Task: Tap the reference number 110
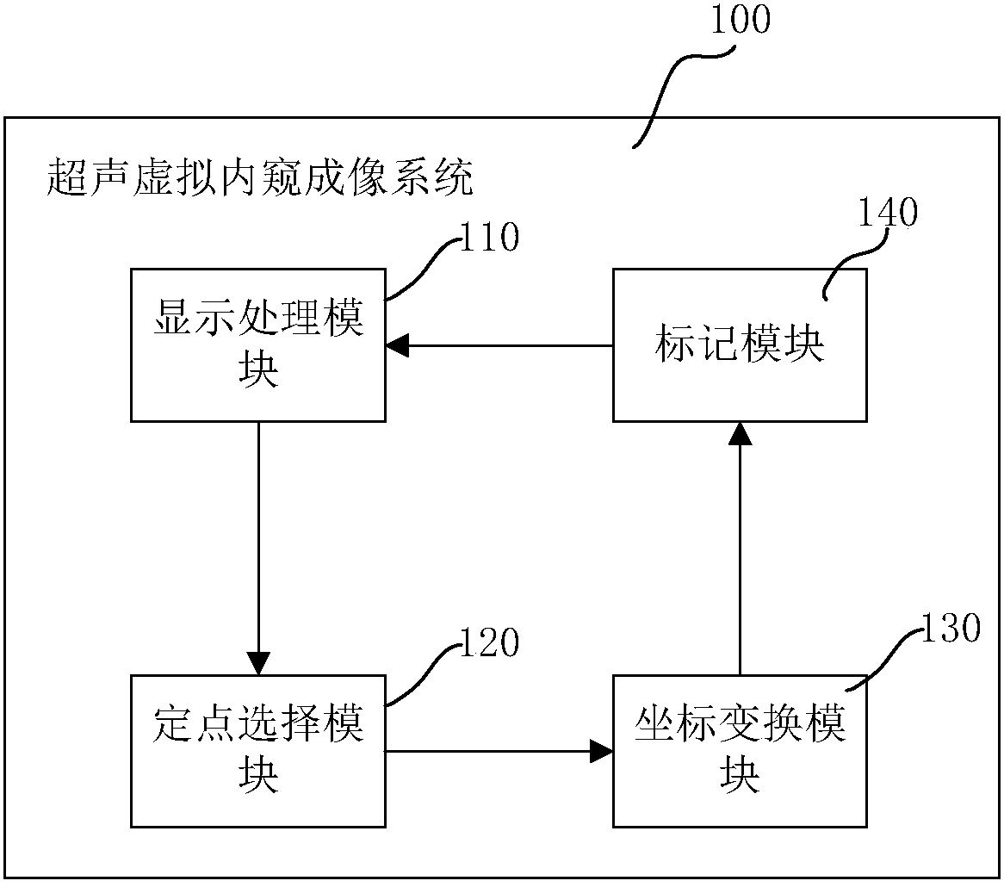[x=488, y=237]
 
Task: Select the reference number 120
[x=488, y=643]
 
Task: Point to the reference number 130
[x=950, y=629]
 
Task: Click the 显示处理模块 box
[x=257, y=344]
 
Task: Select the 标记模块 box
[x=739, y=344]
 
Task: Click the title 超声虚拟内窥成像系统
[x=258, y=180]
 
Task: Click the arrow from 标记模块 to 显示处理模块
[x=499, y=345]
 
